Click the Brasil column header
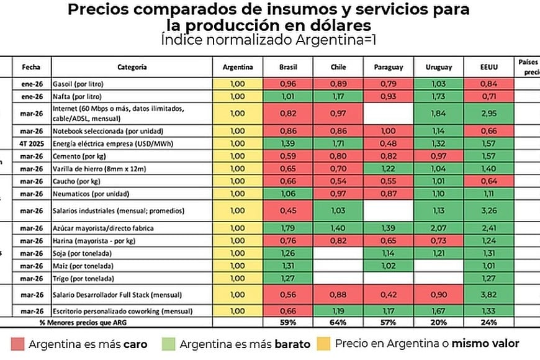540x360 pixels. tap(288, 67)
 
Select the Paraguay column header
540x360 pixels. tap(389, 67)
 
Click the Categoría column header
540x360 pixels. tap(132, 67)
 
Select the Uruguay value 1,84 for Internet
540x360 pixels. tap(440, 114)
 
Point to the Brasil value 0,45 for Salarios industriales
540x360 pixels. tap(288, 209)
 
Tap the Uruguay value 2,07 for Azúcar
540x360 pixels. tap(440, 228)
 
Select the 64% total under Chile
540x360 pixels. tap(338, 322)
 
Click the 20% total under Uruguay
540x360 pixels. tap(440, 322)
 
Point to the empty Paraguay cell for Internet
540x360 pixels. tap(389, 114)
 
